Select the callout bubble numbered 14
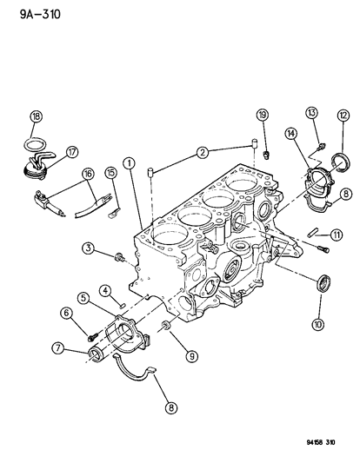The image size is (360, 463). [x=110, y=173]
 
